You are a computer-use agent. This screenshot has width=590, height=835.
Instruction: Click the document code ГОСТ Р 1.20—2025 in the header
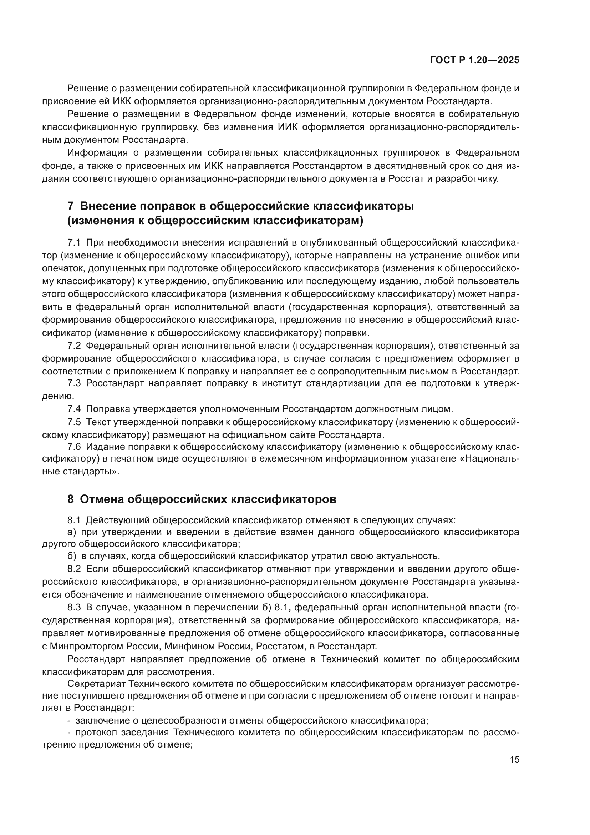[474, 60]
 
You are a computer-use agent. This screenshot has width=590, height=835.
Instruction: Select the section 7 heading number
[71, 206]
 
